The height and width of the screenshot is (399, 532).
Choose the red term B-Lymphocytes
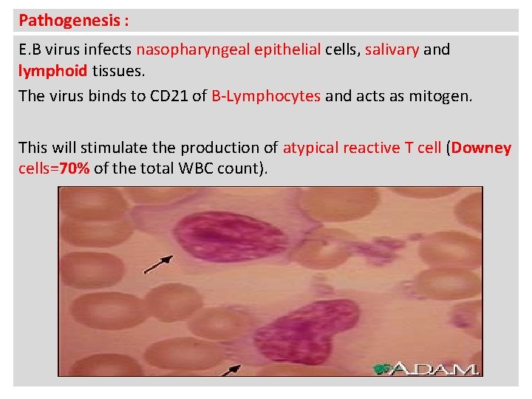coord(266,95)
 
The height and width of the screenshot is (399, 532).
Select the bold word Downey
coord(481,147)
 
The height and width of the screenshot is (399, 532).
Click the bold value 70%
coord(74,168)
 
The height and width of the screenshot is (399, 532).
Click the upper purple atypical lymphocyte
coord(221,237)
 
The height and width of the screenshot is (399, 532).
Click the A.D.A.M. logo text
coord(436,368)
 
